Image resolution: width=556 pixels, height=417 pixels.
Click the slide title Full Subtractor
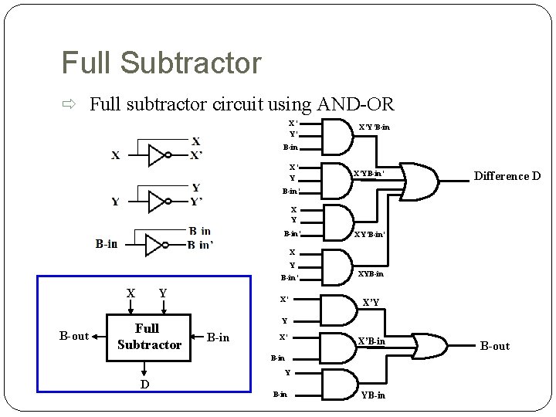[x=161, y=63]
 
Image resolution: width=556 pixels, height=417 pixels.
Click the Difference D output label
[x=507, y=176]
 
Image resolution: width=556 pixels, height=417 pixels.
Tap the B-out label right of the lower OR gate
[x=495, y=346]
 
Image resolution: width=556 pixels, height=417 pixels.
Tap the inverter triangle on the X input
[x=158, y=155]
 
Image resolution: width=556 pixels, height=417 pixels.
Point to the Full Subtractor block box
[x=149, y=337]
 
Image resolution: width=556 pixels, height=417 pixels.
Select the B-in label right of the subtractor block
[x=219, y=337]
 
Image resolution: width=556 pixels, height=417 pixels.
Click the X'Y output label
[x=371, y=303]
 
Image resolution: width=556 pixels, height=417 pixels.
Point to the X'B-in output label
[x=371, y=341]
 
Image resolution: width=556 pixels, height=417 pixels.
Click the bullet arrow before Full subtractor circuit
[x=68, y=103]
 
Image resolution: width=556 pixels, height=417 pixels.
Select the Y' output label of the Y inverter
[x=198, y=203]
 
